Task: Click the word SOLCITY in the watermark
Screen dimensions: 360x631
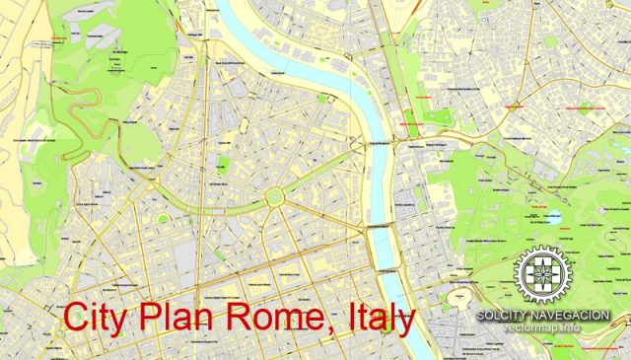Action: [505, 316]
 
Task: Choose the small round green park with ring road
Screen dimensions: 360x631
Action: [162, 218]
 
